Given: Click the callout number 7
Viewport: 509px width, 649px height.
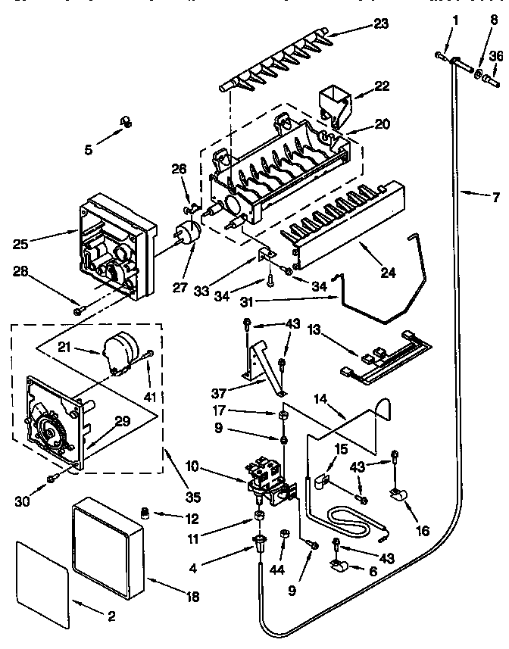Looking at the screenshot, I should (496, 200).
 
